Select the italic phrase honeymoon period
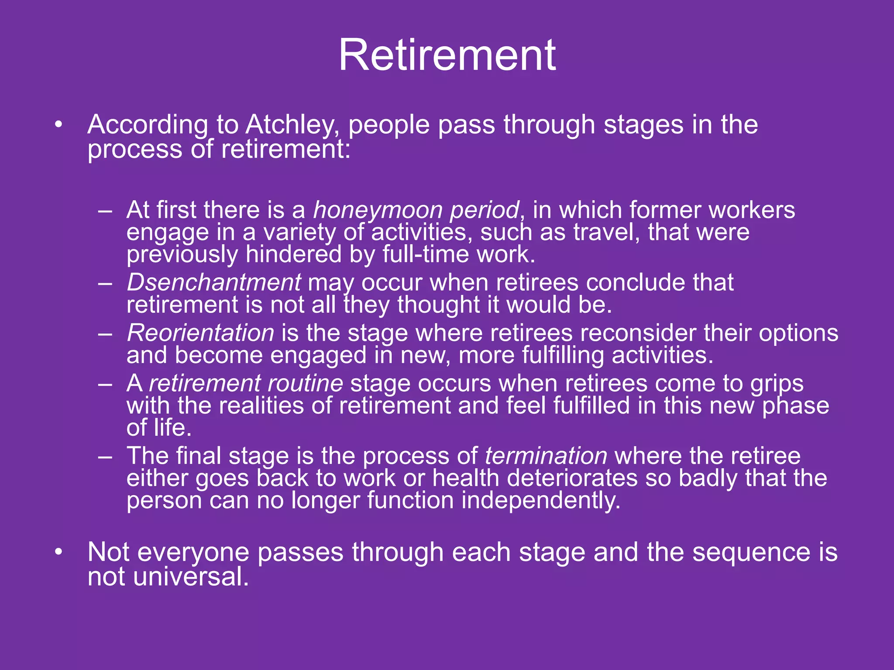(x=416, y=211)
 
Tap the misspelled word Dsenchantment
(x=213, y=283)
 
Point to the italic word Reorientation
(x=200, y=333)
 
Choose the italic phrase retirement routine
(x=246, y=384)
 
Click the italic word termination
(x=546, y=456)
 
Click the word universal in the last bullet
(x=191, y=577)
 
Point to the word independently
(x=541, y=500)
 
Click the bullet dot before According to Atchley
(x=58, y=125)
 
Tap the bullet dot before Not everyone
(x=58, y=553)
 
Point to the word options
(x=798, y=334)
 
